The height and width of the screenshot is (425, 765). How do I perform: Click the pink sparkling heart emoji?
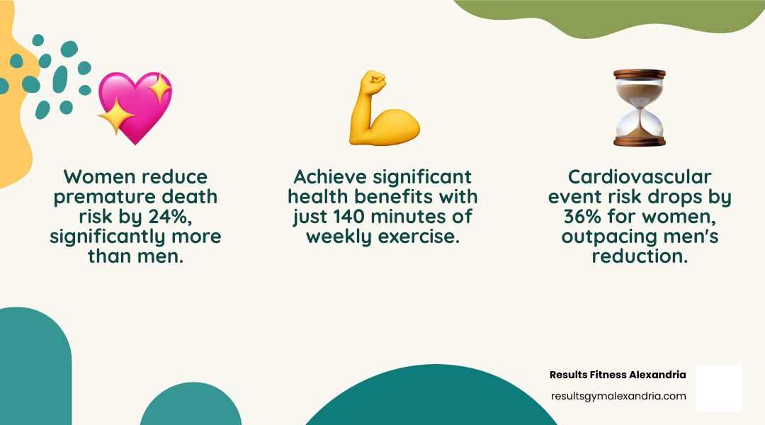tap(135, 108)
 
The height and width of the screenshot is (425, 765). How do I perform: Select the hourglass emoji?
tap(640, 108)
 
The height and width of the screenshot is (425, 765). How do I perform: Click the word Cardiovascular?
tap(640, 176)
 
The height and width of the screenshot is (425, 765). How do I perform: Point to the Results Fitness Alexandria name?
tap(618, 374)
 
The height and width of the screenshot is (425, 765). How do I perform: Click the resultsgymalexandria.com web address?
tap(618, 396)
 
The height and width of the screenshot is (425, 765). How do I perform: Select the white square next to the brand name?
tap(719, 388)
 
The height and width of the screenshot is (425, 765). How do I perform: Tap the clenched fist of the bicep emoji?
tap(372, 83)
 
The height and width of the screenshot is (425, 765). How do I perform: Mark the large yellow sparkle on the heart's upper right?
tap(159, 89)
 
